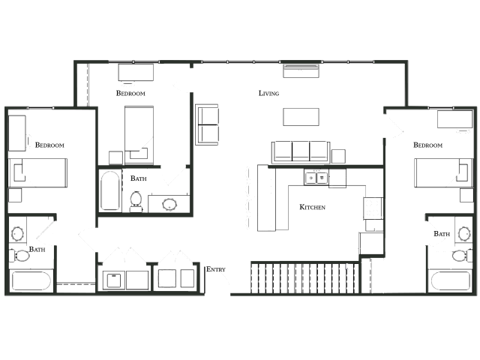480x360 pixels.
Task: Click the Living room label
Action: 268,93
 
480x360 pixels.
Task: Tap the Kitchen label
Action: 312,207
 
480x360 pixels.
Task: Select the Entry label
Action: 216,269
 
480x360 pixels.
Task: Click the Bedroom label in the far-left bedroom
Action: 49,145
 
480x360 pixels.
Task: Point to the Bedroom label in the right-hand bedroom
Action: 427,145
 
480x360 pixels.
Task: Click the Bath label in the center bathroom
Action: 138,178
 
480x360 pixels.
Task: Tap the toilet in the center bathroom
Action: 136,201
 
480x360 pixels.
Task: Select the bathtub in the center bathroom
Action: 110,190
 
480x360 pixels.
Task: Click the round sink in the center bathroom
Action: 169,204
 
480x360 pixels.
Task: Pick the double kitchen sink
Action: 316,178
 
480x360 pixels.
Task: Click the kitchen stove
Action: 373,208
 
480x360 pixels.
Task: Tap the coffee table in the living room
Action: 301,117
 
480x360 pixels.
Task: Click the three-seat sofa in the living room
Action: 301,151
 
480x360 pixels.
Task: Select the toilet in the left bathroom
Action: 19,256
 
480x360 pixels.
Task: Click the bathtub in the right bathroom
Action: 450,280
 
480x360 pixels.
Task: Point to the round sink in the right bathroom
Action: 464,234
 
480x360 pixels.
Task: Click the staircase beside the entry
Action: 305,277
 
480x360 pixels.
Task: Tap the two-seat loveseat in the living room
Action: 207,124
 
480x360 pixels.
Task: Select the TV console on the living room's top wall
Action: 301,71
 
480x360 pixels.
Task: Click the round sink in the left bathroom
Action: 17,234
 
